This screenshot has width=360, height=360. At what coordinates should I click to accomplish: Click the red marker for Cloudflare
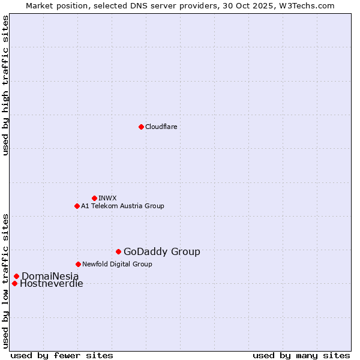tap(141, 127)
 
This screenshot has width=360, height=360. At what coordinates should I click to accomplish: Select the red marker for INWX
tap(94, 198)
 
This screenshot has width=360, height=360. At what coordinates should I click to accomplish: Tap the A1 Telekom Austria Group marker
tap(77, 206)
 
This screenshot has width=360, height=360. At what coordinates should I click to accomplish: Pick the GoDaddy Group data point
tap(118, 251)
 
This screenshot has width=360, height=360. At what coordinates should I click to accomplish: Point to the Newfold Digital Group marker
tap(78, 264)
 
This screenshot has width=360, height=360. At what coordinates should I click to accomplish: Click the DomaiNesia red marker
tap(16, 276)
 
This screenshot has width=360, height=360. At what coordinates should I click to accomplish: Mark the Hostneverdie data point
tap(14, 283)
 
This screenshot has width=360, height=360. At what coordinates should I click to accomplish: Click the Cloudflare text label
tap(161, 127)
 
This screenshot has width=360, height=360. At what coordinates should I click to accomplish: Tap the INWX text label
tap(107, 198)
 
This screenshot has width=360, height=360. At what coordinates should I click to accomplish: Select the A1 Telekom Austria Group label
tap(122, 206)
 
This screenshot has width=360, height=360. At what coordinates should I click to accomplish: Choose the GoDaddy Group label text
tap(162, 252)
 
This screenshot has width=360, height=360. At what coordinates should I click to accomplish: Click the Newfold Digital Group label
tap(117, 264)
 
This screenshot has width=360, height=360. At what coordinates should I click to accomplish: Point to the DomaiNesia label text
tap(50, 276)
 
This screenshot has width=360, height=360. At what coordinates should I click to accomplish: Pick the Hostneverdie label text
tap(52, 284)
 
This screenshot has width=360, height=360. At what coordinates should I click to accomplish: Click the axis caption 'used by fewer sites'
tap(62, 355)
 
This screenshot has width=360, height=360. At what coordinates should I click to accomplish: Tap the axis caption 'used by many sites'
tap(301, 355)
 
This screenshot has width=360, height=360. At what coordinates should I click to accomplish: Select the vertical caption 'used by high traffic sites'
tap(5, 85)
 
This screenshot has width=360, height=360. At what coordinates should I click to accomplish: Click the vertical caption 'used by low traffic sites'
tap(5, 280)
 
